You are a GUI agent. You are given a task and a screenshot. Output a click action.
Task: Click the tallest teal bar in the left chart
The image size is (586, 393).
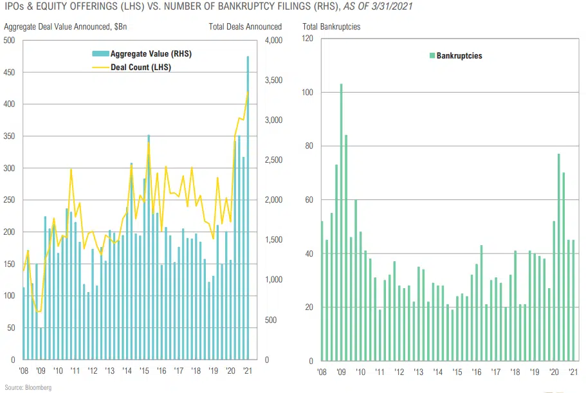pyautogui.click(x=248, y=206)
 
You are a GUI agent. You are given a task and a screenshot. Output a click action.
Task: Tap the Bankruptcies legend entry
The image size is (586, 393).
pyautogui.click(x=459, y=56)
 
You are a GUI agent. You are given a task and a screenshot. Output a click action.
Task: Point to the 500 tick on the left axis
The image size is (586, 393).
pyautogui.click(x=9, y=41)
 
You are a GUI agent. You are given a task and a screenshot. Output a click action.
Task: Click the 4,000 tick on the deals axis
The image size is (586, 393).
pyautogui.click(x=273, y=41)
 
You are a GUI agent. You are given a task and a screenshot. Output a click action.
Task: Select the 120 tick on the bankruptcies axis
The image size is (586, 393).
pyautogui.click(x=307, y=39)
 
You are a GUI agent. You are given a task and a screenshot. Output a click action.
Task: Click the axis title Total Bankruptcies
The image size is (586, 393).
pyautogui.click(x=331, y=27)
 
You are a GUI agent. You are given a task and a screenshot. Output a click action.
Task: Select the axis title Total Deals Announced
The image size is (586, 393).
pyautogui.click(x=245, y=27)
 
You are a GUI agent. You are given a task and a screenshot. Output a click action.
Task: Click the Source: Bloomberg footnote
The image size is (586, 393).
pyautogui.click(x=28, y=388)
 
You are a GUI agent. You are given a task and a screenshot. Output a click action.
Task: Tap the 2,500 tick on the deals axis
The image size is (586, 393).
pyautogui.click(x=273, y=160)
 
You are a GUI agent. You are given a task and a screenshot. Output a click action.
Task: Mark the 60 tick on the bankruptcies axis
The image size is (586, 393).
pyautogui.click(x=309, y=200)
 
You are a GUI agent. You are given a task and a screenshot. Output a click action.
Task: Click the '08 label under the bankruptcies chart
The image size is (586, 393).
pyautogui.click(x=322, y=372)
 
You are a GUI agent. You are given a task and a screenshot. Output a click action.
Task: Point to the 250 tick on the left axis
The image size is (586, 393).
pyautogui.click(x=9, y=200)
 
